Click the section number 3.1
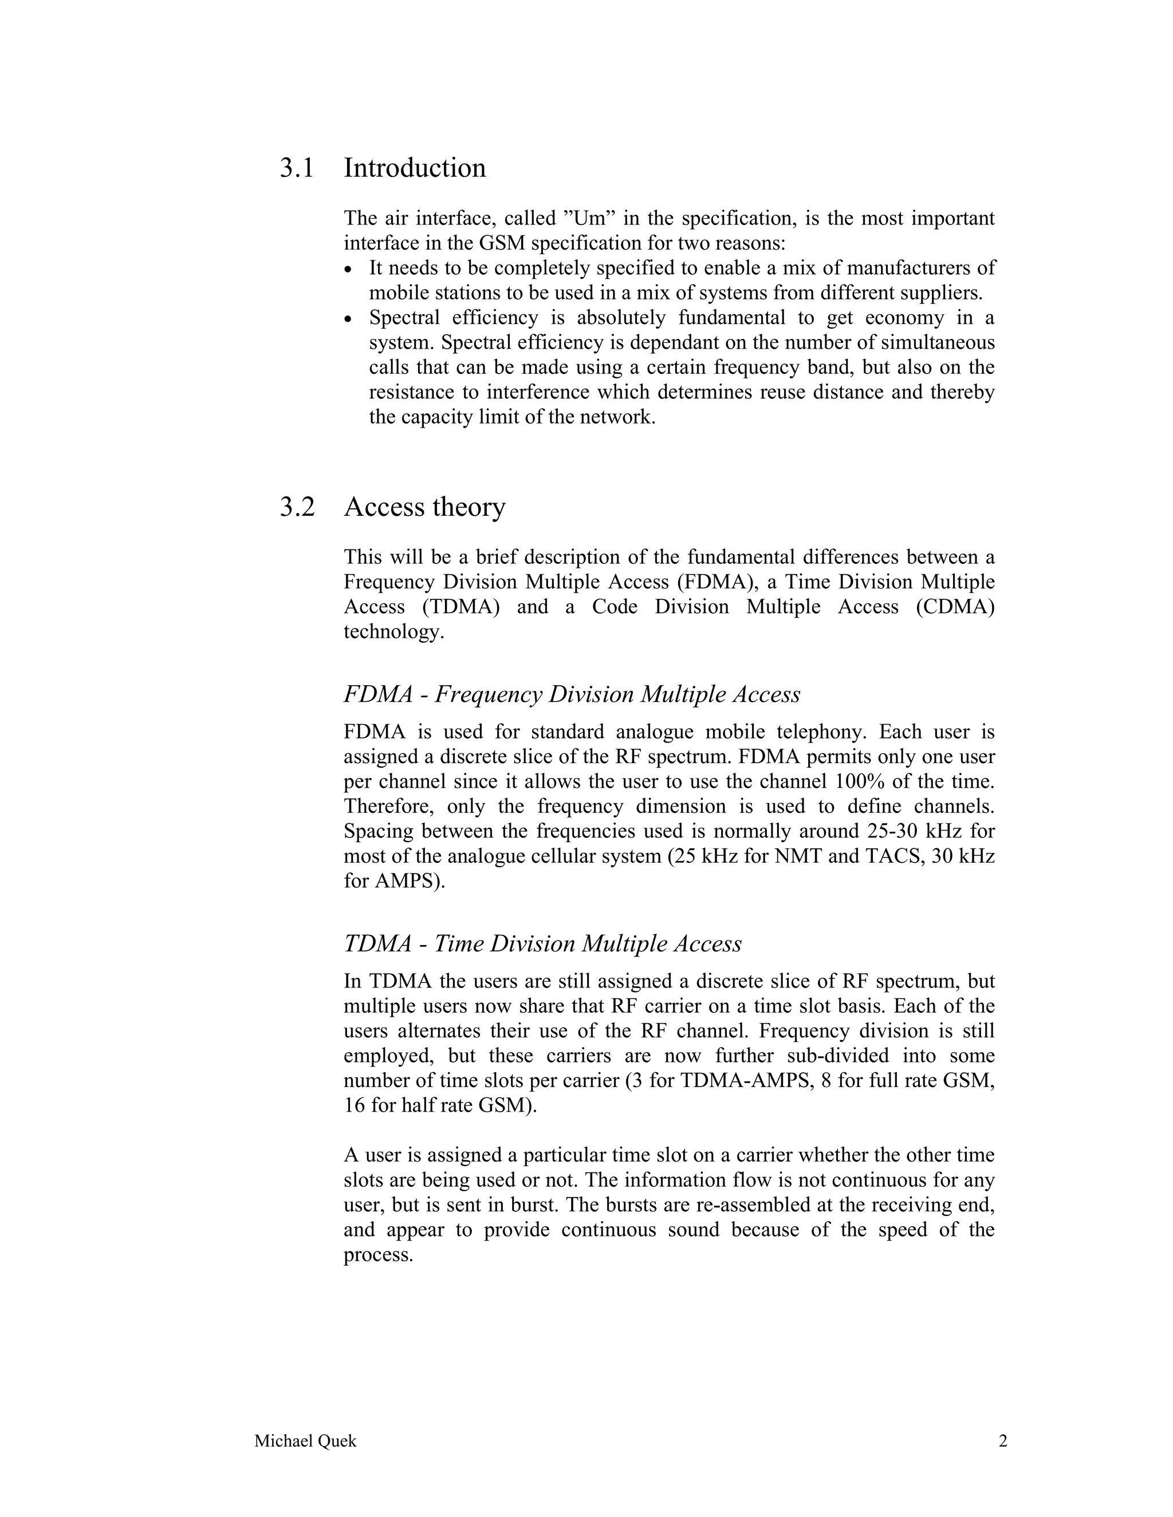(x=297, y=168)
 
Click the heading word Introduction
(x=414, y=168)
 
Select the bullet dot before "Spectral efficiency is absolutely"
(x=349, y=319)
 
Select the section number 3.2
(x=297, y=507)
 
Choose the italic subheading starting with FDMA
(x=571, y=694)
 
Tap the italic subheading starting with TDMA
(x=542, y=943)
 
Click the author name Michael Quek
(x=305, y=1441)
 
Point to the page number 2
(x=1002, y=1441)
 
